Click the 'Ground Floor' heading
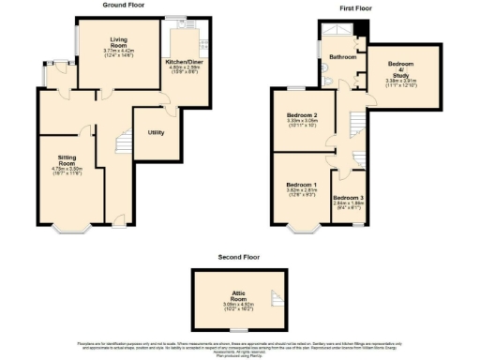[123, 5]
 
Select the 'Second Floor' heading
[238, 256]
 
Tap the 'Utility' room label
[156, 132]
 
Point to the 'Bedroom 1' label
[300, 185]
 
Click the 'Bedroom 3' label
[348, 198]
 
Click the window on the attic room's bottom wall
[239, 331]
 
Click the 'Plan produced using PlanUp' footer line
[239, 356]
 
